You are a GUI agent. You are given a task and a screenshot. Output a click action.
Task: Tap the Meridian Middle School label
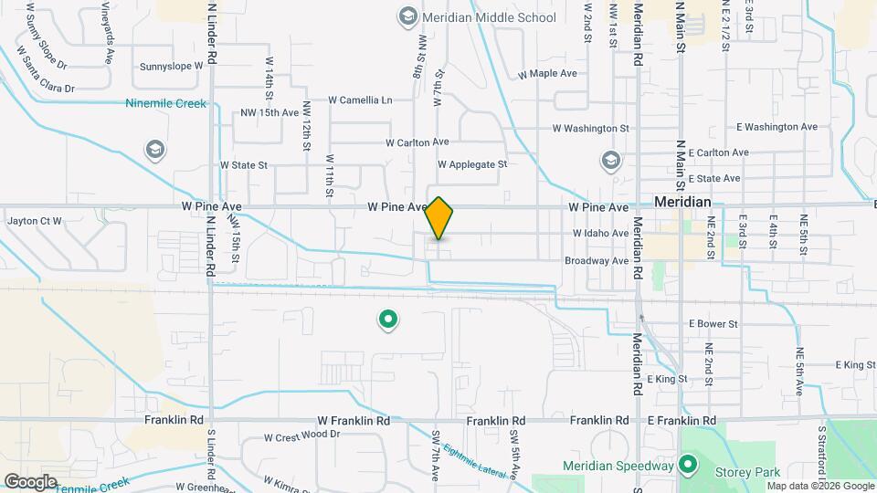coord(489,17)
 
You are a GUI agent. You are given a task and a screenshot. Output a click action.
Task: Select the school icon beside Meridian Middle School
coord(407,16)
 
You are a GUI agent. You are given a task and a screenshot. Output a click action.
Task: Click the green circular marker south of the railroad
coord(388,320)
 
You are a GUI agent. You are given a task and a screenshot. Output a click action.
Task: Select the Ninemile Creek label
coord(166,103)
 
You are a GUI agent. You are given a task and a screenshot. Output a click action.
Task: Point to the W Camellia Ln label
coord(360,100)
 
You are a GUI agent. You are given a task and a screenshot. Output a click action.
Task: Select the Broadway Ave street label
coord(597,260)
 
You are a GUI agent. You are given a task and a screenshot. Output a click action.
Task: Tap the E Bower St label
coord(713,323)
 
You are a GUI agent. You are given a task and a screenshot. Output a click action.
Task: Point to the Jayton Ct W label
coord(34,221)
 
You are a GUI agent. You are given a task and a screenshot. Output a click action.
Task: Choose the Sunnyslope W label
coord(172,67)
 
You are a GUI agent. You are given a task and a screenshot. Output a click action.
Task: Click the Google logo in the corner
coord(30,481)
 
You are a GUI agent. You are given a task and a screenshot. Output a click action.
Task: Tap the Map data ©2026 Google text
coord(820,486)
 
